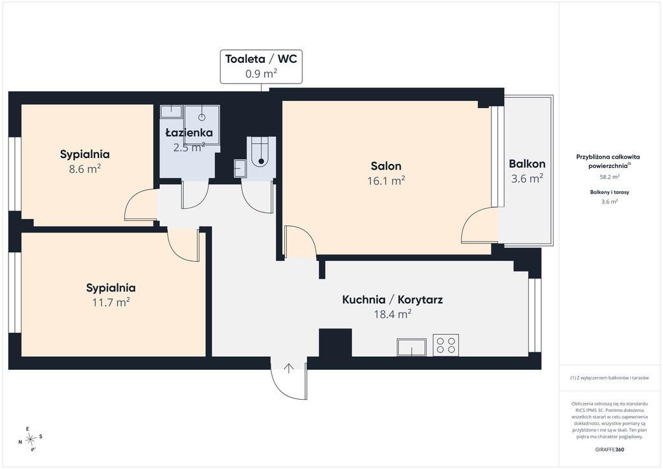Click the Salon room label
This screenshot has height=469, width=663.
tap(386, 166)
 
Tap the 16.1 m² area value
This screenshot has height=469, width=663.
tap(386, 181)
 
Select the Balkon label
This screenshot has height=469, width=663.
tap(527, 164)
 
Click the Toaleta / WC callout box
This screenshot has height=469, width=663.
tap(261, 66)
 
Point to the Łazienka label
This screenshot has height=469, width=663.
tap(189, 133)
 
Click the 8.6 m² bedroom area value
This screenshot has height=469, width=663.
tap(85, 169)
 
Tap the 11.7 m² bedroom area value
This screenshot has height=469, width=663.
tap(111, 303)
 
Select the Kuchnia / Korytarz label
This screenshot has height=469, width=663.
tap(392, 300)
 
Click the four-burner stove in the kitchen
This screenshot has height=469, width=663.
tap(445, 345)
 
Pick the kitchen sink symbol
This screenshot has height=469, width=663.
tap(411, 347)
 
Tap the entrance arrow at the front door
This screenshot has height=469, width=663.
tap(289, 369)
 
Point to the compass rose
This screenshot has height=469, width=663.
tap(30, 439)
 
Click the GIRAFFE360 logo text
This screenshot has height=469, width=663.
tap(609, 450)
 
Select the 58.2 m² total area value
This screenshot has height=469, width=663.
tap(609, 177)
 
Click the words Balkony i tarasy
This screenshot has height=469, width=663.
tap(609, 192)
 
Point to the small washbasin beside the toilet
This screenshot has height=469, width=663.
tap(240, 168)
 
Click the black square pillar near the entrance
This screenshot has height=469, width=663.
tap(335, 343)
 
